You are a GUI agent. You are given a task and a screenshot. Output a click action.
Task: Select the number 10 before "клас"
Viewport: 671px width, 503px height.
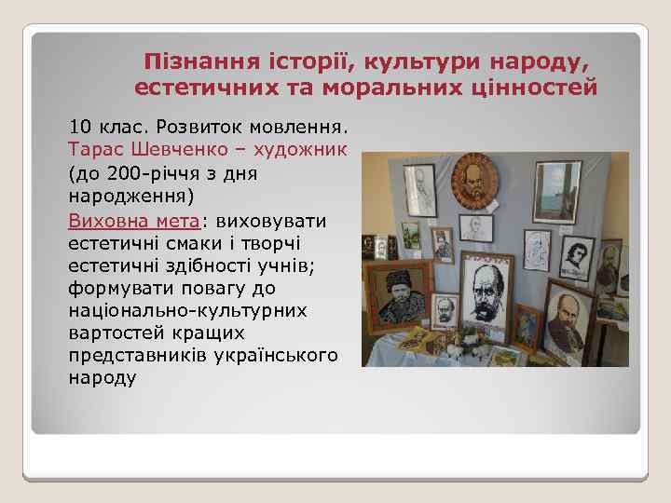pyautogui.click(x=81, y=125)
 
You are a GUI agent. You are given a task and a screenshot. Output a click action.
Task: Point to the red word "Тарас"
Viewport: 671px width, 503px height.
pyautogui.click(x=94, y=149)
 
